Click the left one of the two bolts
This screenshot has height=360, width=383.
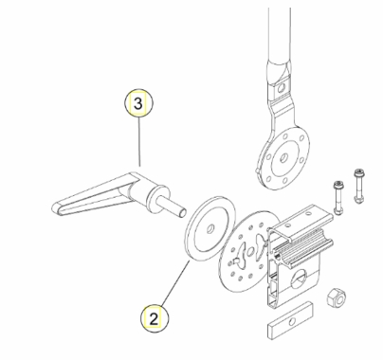337,197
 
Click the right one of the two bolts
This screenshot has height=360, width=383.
358,188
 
